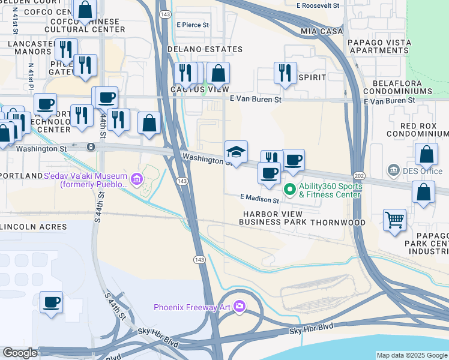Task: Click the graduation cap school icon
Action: coord(236,151)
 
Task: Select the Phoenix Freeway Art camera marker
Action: coord(240,307)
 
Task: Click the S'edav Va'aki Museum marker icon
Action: coord(136,178)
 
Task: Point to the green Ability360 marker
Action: coord(289,190)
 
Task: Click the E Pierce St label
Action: coord(193,25)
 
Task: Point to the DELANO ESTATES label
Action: coord(205,49)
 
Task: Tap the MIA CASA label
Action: coord(322,31)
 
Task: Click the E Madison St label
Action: coord(259,197)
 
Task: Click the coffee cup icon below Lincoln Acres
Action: coord(51,302)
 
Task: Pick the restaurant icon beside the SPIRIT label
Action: coord(285,73)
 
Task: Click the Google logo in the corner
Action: coord(19,353)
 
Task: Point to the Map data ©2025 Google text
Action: coord(412,355)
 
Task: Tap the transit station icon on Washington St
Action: coord(91,146)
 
